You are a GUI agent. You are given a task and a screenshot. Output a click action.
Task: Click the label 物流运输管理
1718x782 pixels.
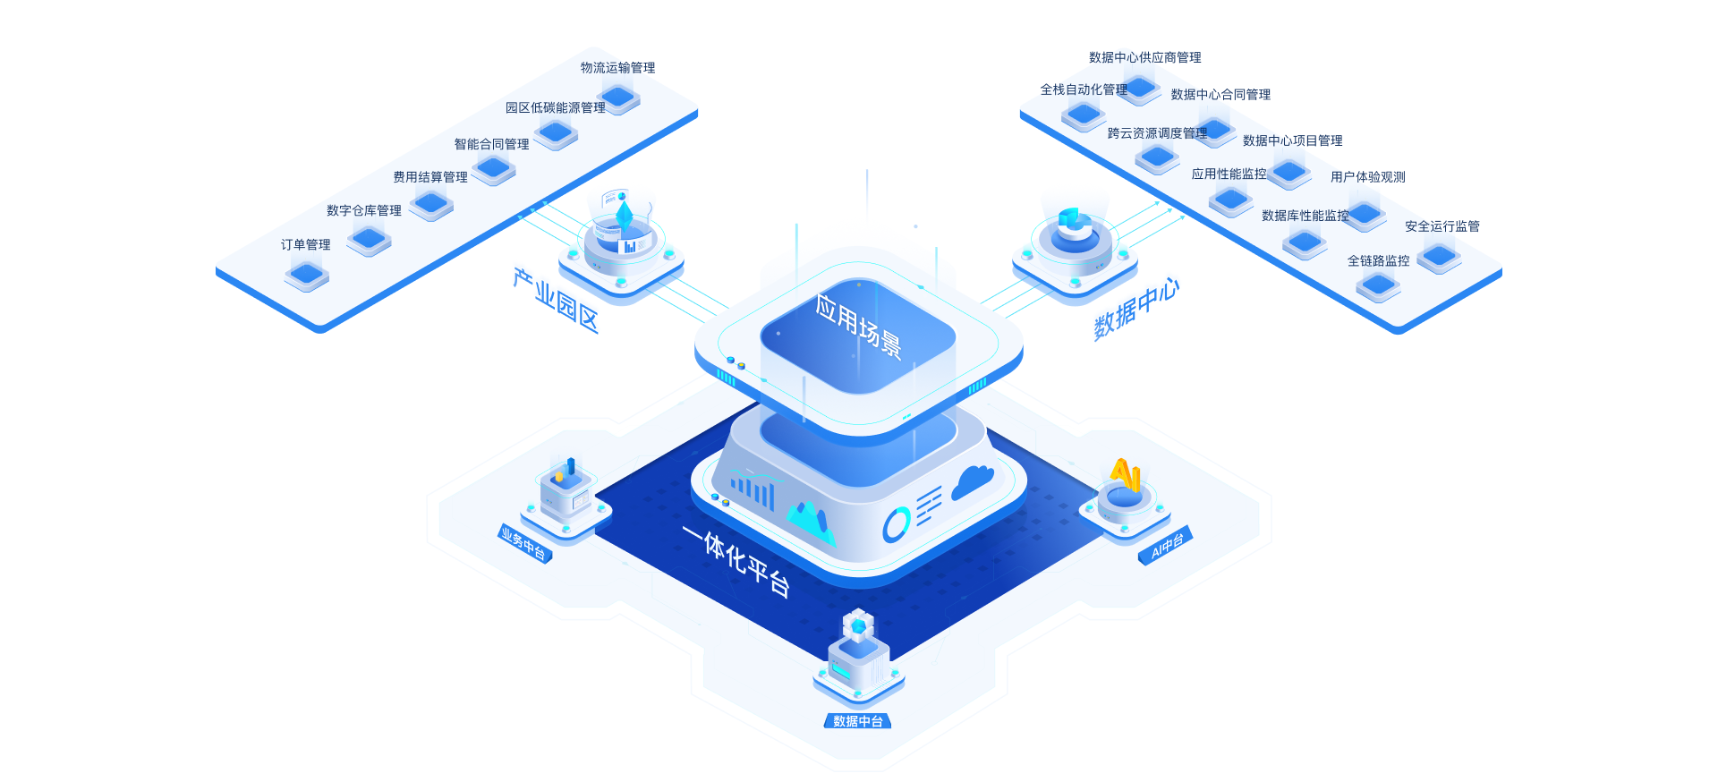(x=617, y=68)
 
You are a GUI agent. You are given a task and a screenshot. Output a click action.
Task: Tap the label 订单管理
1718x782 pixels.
(x=305, y=244)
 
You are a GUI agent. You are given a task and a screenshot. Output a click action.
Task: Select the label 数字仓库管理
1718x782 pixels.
(x=363, y=211)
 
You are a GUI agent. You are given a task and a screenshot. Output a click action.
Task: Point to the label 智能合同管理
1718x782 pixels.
(x=491, y=144)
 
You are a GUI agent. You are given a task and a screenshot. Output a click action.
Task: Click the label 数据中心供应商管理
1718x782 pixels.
(x=1144, y=57)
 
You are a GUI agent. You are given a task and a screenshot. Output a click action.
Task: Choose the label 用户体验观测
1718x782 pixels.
(x=1367, y=177)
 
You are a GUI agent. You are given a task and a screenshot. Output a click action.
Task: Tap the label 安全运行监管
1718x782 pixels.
(x=1442, y=226)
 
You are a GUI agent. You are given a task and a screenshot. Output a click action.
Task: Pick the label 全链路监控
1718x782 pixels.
(x=1378, y=261)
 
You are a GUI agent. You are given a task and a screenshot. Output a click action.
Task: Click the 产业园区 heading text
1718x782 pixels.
(x=556, y=300)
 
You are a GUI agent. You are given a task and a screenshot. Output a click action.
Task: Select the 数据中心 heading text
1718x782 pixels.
(x=1136, y=309)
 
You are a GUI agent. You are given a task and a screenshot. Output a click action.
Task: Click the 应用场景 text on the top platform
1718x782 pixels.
(x=858, y=326)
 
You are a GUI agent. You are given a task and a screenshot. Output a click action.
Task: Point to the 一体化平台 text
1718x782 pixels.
(x=736, y=560)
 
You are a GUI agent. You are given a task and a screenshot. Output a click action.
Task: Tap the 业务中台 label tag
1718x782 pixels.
(x=524, y=544)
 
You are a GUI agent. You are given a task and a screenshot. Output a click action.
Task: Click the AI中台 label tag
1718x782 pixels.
(x=1166, y=545)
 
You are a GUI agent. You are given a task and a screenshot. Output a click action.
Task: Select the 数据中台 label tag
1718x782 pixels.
(x=857, y=721)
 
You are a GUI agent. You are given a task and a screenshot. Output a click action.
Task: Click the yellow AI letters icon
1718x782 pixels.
(x=1125, y=473)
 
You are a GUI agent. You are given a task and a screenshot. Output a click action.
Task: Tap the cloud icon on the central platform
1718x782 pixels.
(x=973, y=481)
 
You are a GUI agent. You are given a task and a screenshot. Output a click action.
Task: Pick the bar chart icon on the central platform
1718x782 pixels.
(x=753, y=491)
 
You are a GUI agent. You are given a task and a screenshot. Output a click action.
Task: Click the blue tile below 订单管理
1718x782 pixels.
(x=306, y=274)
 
